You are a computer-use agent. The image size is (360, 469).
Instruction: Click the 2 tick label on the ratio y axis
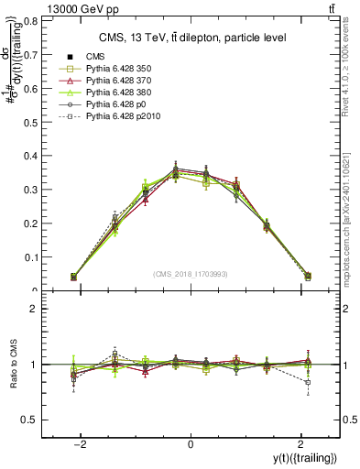(x=38, y=309)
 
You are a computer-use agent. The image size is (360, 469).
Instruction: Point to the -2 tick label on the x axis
(x=81, y=443)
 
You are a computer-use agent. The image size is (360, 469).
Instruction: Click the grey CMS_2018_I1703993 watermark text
(x=190, y=274)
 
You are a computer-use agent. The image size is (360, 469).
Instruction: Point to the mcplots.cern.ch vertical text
(x=352, y=220)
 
